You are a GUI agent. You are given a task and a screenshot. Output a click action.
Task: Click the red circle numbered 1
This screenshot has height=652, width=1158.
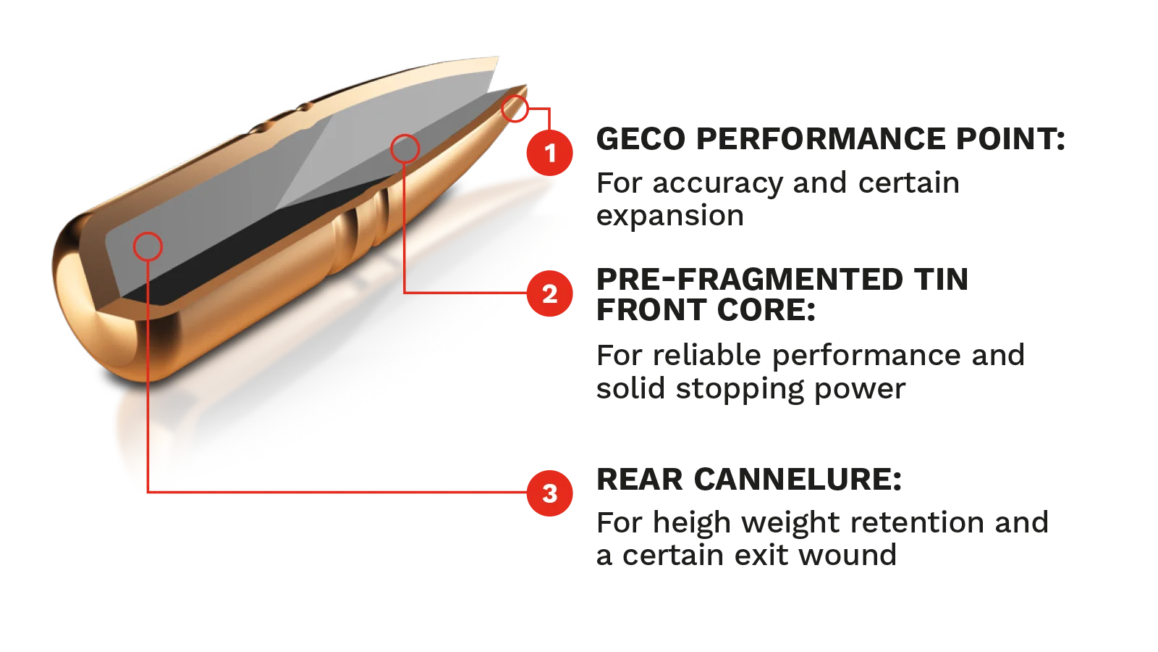click(550, 153)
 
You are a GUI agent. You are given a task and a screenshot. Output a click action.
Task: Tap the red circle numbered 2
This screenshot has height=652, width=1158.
click(550, 293)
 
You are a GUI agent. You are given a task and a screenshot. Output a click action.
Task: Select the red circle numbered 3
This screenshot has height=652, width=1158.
click(550, 493)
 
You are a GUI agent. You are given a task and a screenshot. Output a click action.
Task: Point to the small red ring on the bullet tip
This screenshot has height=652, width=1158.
click(515, 108)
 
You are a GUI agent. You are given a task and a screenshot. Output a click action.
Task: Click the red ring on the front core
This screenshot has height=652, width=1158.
click(405, 149)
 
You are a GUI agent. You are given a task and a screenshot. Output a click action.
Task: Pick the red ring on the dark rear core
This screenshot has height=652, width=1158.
click(148, 246)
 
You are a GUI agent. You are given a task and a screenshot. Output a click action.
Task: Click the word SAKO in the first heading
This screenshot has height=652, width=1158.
click(641, 138)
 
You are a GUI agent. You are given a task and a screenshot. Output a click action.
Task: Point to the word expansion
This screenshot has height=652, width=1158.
click(671, 216)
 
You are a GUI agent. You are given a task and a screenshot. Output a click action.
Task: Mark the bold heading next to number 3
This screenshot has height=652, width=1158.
click(749, 479)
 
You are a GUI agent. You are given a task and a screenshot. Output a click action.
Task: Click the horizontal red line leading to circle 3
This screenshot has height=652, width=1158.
click(340, 492)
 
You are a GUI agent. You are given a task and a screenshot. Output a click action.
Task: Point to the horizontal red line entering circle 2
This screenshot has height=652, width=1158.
click(463, 293)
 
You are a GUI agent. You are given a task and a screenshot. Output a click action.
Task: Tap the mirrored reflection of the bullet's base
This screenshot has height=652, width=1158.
click(145, 435)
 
